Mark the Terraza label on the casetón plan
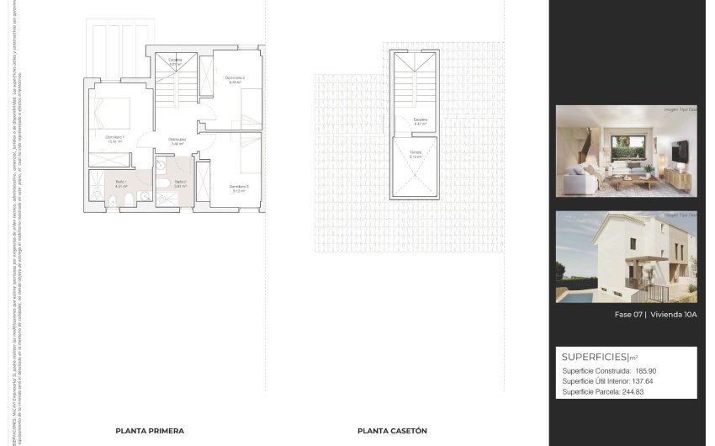coord(416,153)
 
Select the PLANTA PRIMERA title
coord(150,431)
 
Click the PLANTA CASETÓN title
coord(392,431)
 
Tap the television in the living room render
coord(680,151)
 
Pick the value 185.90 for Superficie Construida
coord(645,370)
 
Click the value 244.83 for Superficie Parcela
coord(642,391)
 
